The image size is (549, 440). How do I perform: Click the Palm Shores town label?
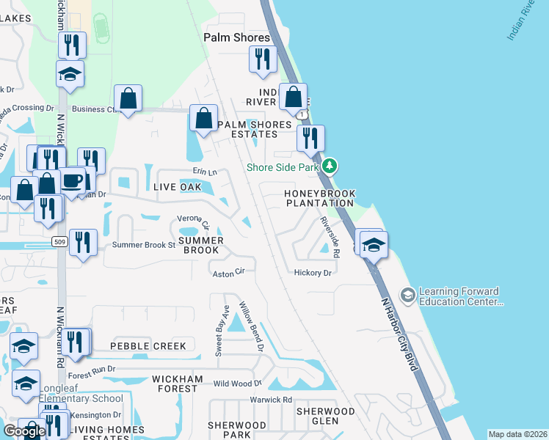[x=236, y=37]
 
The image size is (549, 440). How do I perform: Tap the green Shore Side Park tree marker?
[x=330, y=166]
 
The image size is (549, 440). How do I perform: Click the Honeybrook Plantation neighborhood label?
[x=320, y=198]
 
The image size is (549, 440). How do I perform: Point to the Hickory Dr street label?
[x=313, y=273]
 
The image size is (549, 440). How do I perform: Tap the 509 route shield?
[x=60, y=241]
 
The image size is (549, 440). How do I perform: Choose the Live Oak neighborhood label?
[x=178, y=187]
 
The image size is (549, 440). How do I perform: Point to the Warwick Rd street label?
[x=271, y=400]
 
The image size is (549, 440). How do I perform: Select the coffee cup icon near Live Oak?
[x=72, y=180]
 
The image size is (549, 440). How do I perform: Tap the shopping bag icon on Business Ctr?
[x=128, y=98]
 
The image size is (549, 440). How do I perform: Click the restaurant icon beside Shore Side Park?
[x=310, y=137]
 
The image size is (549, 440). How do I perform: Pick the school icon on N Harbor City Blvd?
[x=374, y=245]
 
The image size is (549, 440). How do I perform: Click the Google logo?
[x=23, y=431]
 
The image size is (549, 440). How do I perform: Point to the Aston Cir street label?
[x=228, y=273]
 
